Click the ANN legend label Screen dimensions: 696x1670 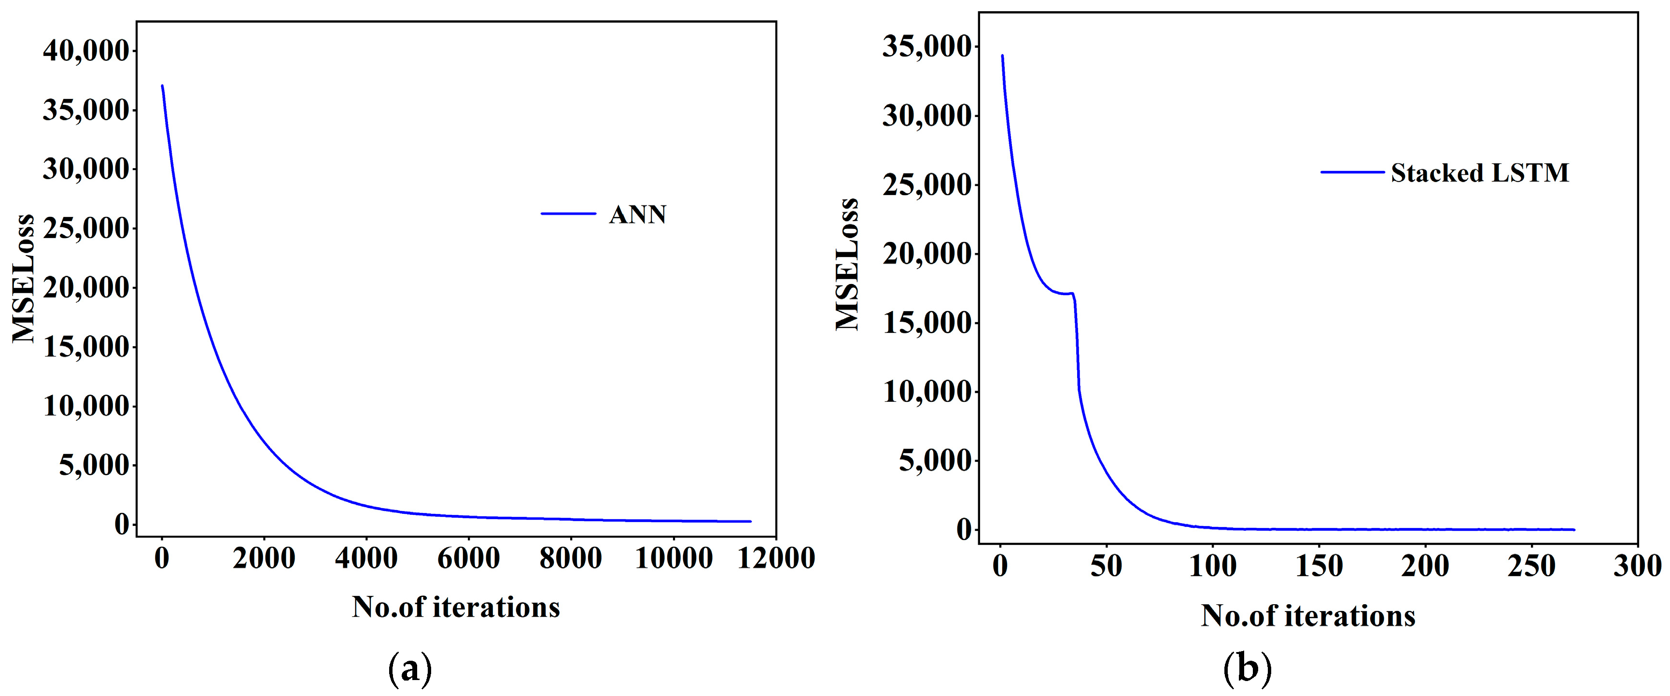click(x=637, y=215)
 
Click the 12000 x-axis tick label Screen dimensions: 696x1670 click(x=776, y=558)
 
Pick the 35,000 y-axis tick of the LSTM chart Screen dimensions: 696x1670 click(x=927, y=47)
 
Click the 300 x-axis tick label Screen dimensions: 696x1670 click(x=1637, y=566)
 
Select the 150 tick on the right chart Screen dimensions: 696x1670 click(x=1319, y=566)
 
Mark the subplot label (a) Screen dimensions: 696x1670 click(x=410, y=669)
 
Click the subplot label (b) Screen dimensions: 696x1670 click(x=1248, y=669)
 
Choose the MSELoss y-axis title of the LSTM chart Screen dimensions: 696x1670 click(x=847, y=265)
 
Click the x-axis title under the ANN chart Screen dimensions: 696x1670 click(x=456, y=608)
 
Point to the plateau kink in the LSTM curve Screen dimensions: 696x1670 click(x=1072, y=294)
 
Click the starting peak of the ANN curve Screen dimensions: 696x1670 click(x=162, y=86)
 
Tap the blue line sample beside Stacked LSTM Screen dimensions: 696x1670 click(x=1352, y=172)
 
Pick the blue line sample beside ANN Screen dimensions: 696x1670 click(x=569, y=213)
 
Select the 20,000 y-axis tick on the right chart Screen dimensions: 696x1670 click(x=927, y=254)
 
